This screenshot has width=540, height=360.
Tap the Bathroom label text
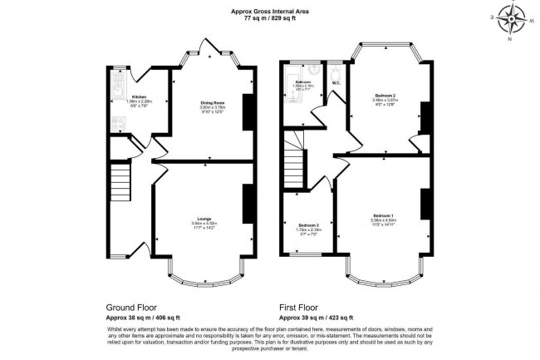(x=302, y=81)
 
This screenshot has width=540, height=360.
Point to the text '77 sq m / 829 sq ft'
(x=269, y=17)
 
